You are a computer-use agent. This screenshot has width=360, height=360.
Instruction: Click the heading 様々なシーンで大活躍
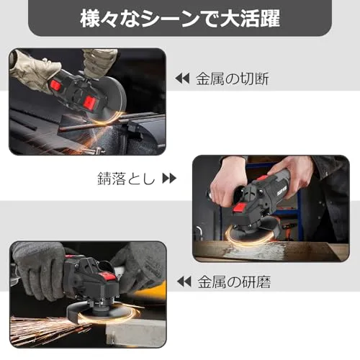(180, 19)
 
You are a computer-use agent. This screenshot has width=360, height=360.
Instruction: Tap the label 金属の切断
(233, 78)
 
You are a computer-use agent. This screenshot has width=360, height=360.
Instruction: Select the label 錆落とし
(127, 179)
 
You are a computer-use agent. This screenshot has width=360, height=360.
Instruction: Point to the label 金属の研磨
(234, 282)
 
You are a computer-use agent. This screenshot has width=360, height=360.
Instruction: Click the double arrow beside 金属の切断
(182, 78)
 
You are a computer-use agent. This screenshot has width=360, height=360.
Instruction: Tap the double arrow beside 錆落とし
(169, 179)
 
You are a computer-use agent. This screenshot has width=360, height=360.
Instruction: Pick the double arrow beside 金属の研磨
(184, 282)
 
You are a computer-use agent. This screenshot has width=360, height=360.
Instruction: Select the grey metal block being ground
(135, 333)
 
